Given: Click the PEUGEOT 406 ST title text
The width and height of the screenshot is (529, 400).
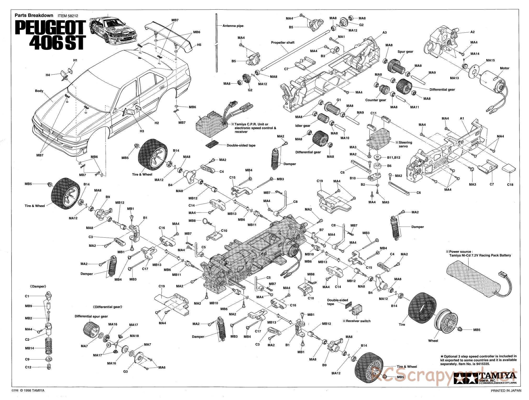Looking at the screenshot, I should click(50, 36).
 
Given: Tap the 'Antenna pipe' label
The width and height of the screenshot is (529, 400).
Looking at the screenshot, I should click(233, 26).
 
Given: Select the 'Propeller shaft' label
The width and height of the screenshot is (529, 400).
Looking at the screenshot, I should click(283, 43).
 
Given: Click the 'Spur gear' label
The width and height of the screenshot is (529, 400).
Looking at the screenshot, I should click(405, 52).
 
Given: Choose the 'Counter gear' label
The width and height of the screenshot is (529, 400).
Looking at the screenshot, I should click(376, 100).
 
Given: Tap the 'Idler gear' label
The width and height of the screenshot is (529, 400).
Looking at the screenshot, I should click(303, 126).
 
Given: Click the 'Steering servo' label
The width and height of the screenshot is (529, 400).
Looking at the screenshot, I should click(405, 144).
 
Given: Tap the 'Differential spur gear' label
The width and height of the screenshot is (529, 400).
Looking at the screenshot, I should click(91, 316).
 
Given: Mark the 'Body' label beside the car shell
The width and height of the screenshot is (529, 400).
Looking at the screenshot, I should click(39, 91).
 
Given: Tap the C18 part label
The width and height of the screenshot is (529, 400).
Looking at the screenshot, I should click(510, 185).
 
